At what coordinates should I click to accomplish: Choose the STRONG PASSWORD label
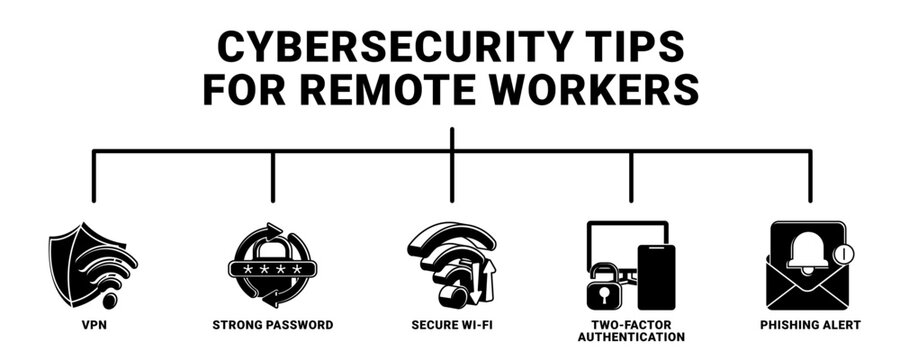(x=272, y=326)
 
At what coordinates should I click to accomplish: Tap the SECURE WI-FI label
(x=452, y=326)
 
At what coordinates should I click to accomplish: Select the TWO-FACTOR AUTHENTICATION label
(x=630, y=331)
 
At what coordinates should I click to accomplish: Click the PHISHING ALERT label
(x=809, y=326)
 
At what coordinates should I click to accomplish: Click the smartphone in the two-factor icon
(x=656, y=276)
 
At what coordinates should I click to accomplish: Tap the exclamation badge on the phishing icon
(x=843, y=254)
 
